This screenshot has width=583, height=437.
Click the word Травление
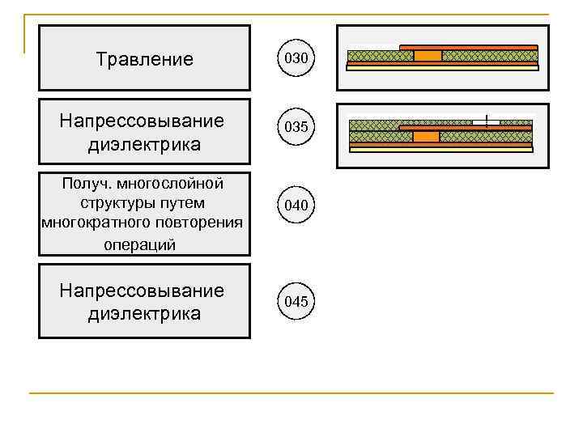144,59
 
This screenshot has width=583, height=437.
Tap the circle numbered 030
296,58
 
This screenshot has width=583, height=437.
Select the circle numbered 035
296,127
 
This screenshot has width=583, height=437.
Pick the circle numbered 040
296,206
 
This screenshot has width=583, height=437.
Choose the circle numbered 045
296,302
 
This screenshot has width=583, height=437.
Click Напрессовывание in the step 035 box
142,121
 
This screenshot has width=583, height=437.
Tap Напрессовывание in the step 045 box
142,291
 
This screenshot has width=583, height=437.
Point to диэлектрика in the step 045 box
144,313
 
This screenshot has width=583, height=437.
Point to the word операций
140,244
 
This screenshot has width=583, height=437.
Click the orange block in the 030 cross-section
428,56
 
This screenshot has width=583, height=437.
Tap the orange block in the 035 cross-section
426,137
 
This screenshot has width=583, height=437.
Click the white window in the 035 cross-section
486,121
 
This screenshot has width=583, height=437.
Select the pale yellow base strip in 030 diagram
442,68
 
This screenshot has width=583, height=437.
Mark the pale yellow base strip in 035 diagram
440,149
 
